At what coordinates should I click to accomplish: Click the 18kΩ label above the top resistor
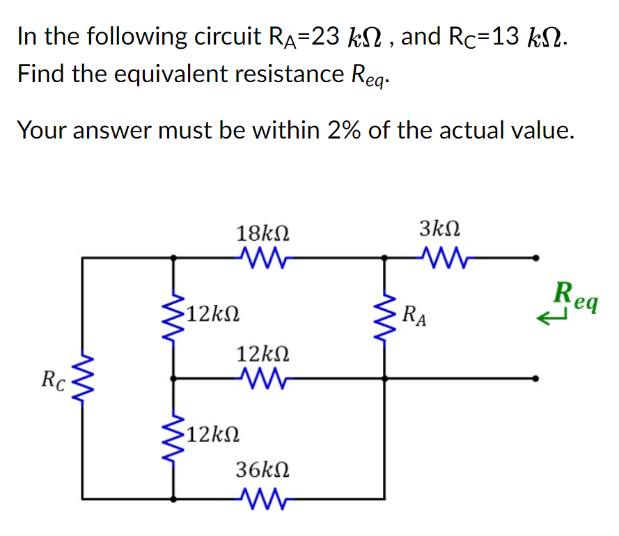pos(263,233)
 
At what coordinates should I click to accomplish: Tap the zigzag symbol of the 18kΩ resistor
pos(263,258)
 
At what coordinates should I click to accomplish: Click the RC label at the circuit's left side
pos(53,380)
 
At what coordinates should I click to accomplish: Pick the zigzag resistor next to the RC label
pos(83,379)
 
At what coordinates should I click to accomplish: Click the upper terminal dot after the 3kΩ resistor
pos(535,258)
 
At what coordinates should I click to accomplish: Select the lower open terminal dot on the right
pos(535,379)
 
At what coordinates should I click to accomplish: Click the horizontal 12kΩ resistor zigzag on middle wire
pos(263,379)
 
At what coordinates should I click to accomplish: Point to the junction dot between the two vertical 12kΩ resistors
pos(173,379)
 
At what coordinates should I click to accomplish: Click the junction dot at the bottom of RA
pos(385,379)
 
